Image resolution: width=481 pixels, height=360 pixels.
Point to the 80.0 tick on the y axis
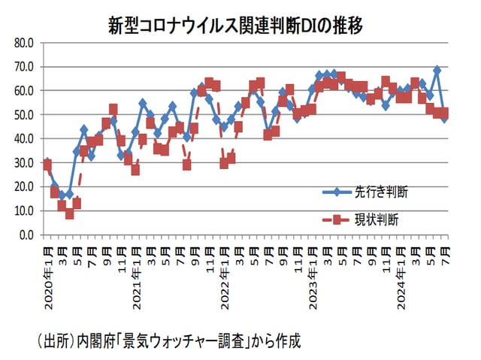tap(24, 43)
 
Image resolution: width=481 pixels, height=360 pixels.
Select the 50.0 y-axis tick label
tap(24, 115)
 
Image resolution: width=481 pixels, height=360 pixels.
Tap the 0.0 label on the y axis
tap(26, 234)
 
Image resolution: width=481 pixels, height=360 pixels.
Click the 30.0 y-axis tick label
tap(24, 163)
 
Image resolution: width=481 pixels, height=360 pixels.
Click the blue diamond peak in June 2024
tap(437, 70)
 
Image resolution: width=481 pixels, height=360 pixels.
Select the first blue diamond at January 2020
tap(47, 162)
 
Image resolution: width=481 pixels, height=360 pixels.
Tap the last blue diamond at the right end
tap(444, 118)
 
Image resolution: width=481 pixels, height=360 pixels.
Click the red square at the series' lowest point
tap(69, 213)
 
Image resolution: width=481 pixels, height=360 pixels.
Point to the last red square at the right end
tap(444, 113)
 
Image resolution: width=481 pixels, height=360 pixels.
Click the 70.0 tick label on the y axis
tap(24, 67)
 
